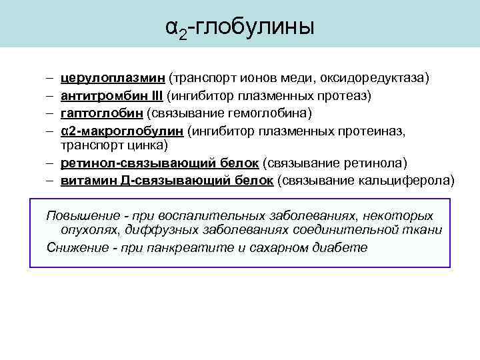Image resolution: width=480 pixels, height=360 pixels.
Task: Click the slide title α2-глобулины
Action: pos(239,27)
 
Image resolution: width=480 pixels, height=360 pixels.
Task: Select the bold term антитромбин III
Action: pos(111,96)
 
